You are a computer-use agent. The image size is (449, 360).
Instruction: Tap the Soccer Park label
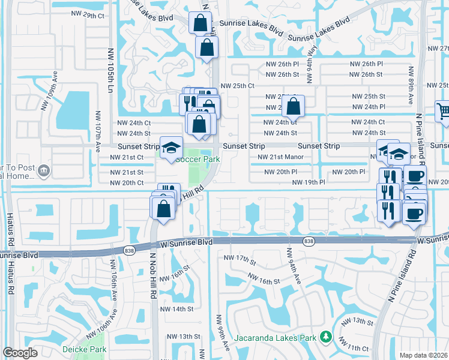pos(198,160)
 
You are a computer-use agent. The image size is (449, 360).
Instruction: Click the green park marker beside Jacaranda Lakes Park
pos(325,337)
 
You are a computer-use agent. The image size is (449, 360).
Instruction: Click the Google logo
pos(20,353)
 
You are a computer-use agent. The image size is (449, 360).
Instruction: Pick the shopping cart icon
pos(443,111)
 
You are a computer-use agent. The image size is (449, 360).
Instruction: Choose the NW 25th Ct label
pos(238,86)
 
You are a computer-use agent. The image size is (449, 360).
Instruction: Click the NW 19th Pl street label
pos(309,182)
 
